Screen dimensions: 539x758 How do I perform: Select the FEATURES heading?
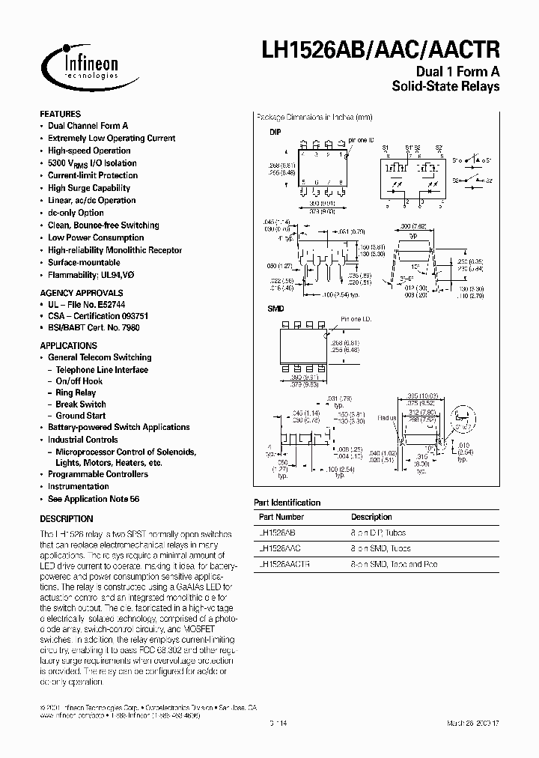click(x=60, y=114)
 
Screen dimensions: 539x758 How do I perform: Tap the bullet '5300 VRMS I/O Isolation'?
click(x=92, y=163)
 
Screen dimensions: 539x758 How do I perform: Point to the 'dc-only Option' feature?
click(x=76, y=213)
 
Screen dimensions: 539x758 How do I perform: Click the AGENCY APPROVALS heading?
click(x=81, y=293)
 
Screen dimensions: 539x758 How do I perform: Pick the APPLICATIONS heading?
click(x=68, y=345)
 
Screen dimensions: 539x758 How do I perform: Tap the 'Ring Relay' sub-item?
click(x=76, y=392)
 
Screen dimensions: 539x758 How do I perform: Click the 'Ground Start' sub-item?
click(x=81, y=416)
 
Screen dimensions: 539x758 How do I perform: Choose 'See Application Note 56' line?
click(x=94, y=499)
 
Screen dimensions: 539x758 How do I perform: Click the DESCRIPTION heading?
click(x=66, y=518)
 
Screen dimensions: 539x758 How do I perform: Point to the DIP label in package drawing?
click(x=275, y=131)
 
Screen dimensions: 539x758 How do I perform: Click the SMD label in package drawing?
click(x=275, y=309)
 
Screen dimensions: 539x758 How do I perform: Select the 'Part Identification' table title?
click(x=287, y=503)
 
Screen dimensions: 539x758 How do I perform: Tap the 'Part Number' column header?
click(x=281, y=517)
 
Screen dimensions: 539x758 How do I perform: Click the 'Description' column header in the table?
click(x=371, y=517)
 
